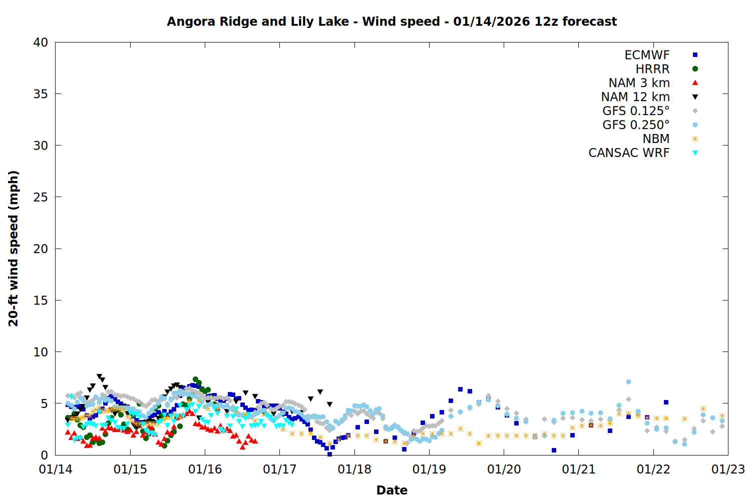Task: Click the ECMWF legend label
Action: [647, 55]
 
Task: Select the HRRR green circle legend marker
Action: [695, 69]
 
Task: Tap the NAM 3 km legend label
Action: [639, 83]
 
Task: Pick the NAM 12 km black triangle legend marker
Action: [695, 97]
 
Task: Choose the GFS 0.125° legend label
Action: [636, 111]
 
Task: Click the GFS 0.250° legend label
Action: [636, 125]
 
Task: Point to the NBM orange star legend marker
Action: [695, 139]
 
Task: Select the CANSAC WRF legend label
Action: [629, 153]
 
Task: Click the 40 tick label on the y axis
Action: [41, 42]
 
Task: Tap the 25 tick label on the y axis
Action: [41, 197]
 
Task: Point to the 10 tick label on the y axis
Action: [41, 352]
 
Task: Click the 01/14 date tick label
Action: [56, 469]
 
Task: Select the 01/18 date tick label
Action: [354, 469]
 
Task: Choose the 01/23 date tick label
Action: [728, 469]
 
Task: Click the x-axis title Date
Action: [392, 490]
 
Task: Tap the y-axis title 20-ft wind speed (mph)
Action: [14, 248]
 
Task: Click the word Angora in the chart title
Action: [188, 22]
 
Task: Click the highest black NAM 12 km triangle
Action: [99, 376]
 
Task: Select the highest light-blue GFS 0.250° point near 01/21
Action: [628, 382]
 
